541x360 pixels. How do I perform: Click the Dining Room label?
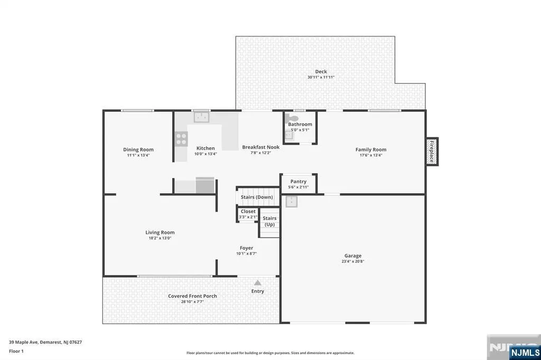tap(138, 149)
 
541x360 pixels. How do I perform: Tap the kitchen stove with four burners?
tap(181, 139)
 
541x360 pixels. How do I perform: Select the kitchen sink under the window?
tap(201, 117)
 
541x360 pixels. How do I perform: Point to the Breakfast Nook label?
tap(261, 147)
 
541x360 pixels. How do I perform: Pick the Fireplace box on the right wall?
tap(432, 151)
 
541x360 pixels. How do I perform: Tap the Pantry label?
tap(299, 182)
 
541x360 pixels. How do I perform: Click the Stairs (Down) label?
tap(257, 197)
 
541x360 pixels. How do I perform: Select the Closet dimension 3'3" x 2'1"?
tap(248, 217)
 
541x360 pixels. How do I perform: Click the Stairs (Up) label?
tap(269, 221)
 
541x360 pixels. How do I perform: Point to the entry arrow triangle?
tap(258, 283)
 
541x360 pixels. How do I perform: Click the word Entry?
tap(258, 291)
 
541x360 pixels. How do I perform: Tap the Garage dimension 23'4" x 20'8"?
tap(353, 261)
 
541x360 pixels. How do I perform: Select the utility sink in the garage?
tap(292, 202)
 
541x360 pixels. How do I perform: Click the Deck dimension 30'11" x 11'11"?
tap(321, 77)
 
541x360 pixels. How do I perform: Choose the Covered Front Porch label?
tap(192, 296)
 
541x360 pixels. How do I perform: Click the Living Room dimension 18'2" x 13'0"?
tap(160, 238)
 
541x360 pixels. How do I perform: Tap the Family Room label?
tap(371, 149)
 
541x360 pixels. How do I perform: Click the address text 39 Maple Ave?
tap(23, 342)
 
